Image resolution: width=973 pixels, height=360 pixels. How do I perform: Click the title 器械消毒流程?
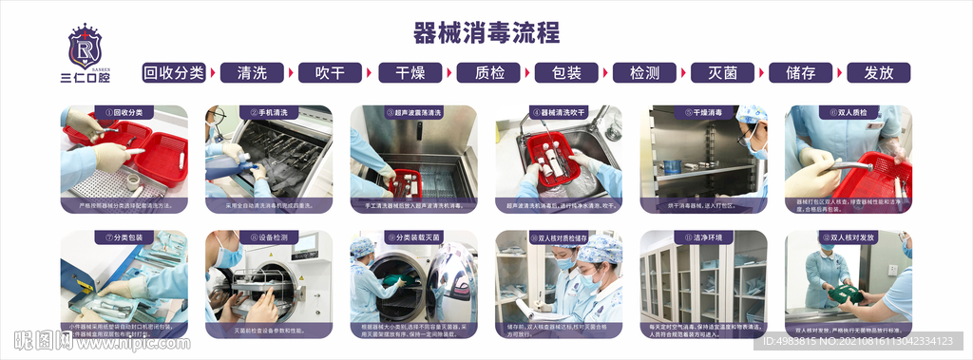click(486, 33)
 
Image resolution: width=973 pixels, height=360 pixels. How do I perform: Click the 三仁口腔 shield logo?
click(85, 47)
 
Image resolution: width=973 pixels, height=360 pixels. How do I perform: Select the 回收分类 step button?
click(174, 73)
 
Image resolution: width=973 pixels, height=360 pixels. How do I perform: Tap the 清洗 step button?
click(252, 73)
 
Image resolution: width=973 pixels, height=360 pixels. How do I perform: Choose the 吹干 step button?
click(331, 73)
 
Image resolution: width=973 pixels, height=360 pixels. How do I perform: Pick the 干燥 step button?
click(410, 73)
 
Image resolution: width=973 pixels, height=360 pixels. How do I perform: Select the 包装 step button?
click(566, 73)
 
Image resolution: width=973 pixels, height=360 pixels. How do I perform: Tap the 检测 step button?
click(644, 73)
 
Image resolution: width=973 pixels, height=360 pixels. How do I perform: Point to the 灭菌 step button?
click(722, 73)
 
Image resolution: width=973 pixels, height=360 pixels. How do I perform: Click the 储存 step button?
click(800, 73)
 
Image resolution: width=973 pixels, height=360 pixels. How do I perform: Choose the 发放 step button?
click(878, 73)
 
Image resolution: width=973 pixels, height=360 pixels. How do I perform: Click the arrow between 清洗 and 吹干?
click(292, 73)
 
